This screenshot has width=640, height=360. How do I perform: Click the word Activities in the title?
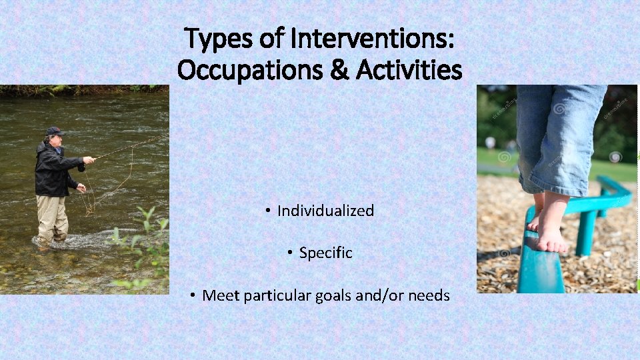(x=409, y=69)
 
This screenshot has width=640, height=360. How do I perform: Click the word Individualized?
(x=325, y=211)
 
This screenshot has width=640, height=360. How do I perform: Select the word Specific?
(x=325, y=253)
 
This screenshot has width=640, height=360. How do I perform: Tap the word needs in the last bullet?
(x=429, y=295)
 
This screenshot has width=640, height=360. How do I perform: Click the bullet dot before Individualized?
(x=267, y=211)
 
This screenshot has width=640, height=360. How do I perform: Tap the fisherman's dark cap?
(x=55, y=131)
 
